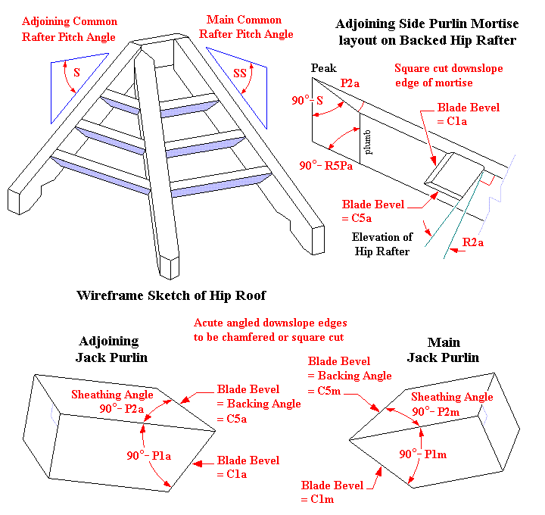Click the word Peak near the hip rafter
323,68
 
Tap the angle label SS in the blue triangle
239,73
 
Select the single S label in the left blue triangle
76,73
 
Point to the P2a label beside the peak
350,83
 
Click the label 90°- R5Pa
325,166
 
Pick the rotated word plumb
367,142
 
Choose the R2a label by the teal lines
472,242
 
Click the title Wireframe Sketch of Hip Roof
171,295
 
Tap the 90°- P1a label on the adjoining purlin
149,455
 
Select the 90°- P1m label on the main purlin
422,454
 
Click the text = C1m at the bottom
317,499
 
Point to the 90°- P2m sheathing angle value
435,412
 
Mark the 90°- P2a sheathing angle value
121,409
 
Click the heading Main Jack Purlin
443,350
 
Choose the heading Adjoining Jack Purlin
111,349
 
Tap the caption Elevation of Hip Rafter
382,244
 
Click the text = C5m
324,391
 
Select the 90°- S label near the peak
307,101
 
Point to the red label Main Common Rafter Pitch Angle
246,27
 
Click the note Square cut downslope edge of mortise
448,76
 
